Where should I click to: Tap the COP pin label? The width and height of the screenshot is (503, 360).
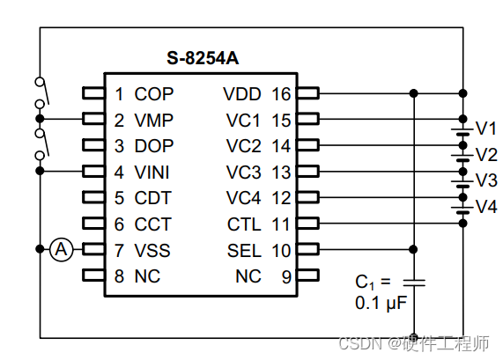click(154, 93)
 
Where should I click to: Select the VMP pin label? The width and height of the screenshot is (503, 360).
click(154, 120)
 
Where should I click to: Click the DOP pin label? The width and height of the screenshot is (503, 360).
click(154, 146)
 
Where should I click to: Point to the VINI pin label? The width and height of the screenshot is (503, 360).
click(152, 172)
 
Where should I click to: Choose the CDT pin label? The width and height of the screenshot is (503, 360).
click(153, 198)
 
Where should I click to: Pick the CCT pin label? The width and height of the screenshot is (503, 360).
click(153, 224)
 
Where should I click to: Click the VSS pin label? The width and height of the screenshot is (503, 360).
click(152, 251)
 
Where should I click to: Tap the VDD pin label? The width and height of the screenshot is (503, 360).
click(242, 93)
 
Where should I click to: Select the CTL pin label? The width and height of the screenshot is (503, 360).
click(244, 224)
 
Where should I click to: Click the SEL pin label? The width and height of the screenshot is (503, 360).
click(244, 251)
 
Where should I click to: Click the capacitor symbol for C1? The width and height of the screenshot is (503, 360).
click(414, 282)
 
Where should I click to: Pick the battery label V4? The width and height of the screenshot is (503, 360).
click(486, 207)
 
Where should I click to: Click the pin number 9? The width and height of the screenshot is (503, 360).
click(285, 276)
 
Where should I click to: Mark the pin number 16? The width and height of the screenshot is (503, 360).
click(281, 93)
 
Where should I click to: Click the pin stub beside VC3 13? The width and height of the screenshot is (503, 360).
click(307, 172)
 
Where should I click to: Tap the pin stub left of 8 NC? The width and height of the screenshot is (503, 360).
click(92, 276)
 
